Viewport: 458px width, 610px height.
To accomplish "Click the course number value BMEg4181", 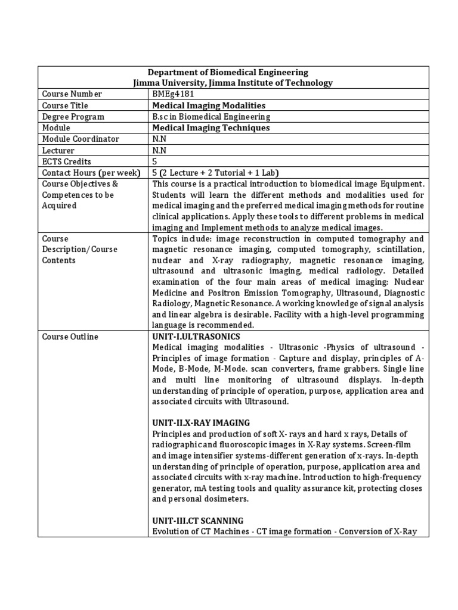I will [173, 94].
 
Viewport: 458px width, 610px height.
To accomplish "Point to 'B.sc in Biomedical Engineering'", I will [211, 117].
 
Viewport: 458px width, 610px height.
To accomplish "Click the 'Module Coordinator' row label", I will [81, 139].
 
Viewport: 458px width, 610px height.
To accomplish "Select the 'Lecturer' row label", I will [58, 151].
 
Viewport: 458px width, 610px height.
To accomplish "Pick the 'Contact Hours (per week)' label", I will [91, 173].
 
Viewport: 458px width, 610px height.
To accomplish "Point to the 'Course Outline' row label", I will [70, 337].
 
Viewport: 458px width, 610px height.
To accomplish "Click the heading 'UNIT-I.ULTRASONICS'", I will [196, 337].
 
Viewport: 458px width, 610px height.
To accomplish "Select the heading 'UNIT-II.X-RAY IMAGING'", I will [201, 423].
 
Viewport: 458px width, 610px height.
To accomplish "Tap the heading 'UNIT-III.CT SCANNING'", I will [197, 521].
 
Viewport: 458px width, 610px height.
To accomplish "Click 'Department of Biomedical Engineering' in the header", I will [233, 73].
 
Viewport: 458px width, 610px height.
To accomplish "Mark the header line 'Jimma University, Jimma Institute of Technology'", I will [233, 83].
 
